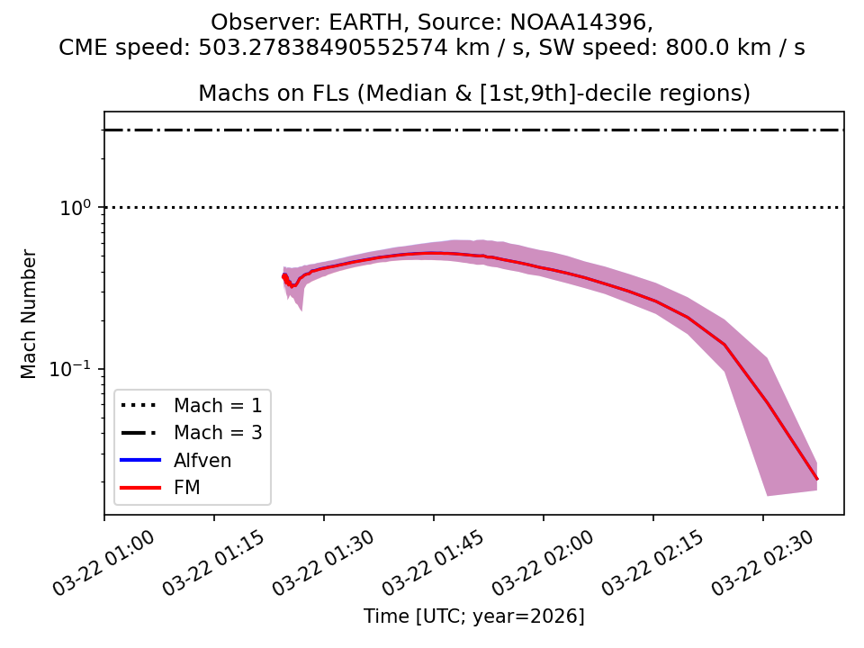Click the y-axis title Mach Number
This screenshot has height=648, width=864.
[30, 313]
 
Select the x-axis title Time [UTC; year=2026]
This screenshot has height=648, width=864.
[474, 616]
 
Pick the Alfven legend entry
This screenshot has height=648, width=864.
[202, 461]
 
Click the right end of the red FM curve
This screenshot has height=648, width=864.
[817, 479]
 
